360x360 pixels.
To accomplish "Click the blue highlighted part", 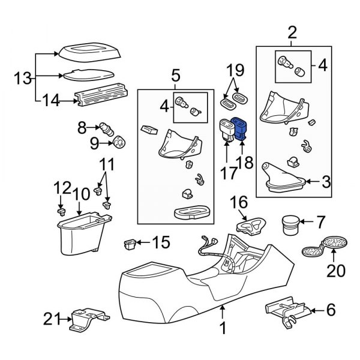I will [x=242, y=128].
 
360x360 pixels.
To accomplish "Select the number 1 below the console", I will [x=223, y=328].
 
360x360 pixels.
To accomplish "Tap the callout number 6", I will [x=331, y=310].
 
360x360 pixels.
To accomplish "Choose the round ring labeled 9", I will [x=119, y=143].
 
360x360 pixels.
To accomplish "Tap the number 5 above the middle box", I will [x=175, y=76].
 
